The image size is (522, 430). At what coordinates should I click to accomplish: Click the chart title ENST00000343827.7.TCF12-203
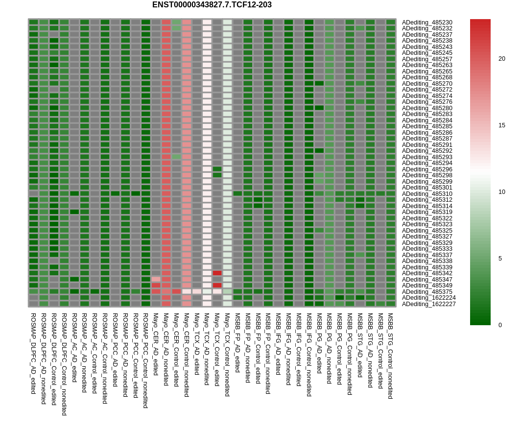coord(212,5)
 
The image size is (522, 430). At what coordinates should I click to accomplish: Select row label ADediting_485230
coord(427,23)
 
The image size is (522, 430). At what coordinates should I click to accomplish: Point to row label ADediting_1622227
coord(429,304)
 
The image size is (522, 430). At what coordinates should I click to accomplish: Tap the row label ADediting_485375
coord(427,292)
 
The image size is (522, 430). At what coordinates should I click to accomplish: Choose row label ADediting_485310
coord(427,194)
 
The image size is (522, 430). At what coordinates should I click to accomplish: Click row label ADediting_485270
coord(427,84)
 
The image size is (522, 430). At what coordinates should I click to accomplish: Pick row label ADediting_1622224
coord(429,298)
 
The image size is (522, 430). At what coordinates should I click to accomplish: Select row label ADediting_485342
coord(427,273)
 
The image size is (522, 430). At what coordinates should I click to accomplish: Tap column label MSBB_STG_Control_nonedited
coord(390,356)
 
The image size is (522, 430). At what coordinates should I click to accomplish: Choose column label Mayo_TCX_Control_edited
coord(217,350)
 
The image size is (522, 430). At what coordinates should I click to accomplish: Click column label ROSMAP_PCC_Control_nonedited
coord(145,360)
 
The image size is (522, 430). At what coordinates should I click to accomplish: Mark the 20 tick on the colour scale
coord(502,59)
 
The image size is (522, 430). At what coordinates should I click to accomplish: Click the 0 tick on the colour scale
coord(500,325)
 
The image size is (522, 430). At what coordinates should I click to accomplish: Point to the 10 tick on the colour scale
coord(502,192)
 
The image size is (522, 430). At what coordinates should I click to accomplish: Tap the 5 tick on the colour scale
coord(500,259)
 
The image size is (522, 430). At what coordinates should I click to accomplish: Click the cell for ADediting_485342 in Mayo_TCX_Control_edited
coord(217,273)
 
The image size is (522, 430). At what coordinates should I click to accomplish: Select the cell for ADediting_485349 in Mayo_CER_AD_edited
coord(156,286)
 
